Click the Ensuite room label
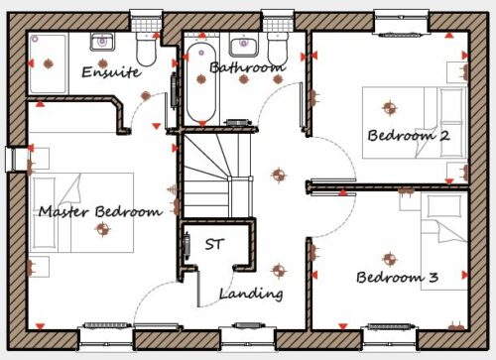click(111, 71)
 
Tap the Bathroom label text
click(247, 67)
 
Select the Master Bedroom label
click(100, 211)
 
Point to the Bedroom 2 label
click(409, 136)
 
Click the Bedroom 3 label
click(398, 277)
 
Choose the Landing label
click(251, 294)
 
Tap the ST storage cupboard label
click(214, 244)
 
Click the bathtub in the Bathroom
click(201, 83)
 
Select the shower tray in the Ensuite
click(48, 63)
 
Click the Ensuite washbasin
click(102, 42)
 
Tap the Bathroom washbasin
click(243, 48)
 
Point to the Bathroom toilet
click(277, 49)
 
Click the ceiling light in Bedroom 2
click(390, 108)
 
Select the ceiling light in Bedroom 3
click(390, 259)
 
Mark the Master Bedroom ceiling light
click(103, 229)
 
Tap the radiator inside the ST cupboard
click(186, 244)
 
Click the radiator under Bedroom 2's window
click(401, 35)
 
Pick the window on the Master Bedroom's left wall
click(13, 160)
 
